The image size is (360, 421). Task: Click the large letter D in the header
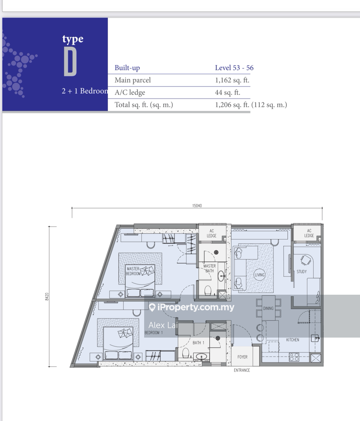(x=70, y=62)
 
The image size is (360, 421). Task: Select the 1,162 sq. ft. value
(x=232, y=80)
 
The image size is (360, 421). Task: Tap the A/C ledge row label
(x=130, y=92)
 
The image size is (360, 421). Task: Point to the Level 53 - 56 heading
(x=234, y=68)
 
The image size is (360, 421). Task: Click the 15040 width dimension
(x=197, y=206)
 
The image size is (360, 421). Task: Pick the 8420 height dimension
(x=47, y=296)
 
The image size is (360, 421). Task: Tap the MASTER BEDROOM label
(x=133, y=271)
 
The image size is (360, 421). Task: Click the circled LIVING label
(x=259, y=275)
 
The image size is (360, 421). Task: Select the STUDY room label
(x=302, y=272)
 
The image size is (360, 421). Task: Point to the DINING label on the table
(x=268, y=308)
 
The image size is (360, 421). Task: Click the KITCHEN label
(x=293, y=340)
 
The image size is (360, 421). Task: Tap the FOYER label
(x=242, y=357)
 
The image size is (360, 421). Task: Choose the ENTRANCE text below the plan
(x=242, y=370)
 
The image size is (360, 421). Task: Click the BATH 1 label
(x=198, y=343)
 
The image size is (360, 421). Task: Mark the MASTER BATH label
(x=210, y=268)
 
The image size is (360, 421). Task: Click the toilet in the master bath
(x=208, y=290)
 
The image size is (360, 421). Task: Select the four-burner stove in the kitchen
(x=294, y=357)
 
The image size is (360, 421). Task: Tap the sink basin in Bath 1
(x=201, y=357)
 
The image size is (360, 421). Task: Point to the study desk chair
(x=305, y=260)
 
